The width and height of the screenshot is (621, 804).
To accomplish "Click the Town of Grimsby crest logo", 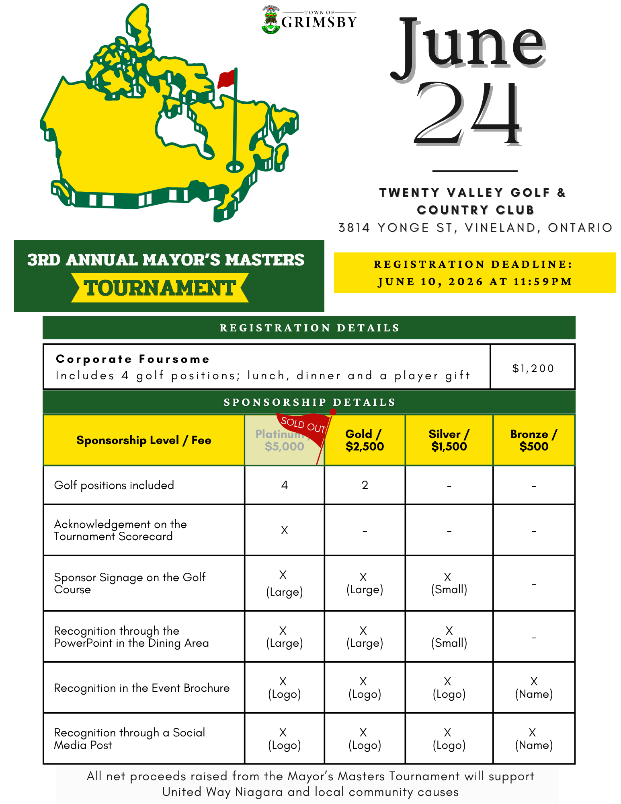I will [271, 20].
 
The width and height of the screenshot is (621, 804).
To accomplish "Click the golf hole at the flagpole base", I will [235, 166].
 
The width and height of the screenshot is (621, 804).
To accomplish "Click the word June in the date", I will [468, 46].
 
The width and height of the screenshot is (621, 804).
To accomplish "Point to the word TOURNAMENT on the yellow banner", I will [160, 288].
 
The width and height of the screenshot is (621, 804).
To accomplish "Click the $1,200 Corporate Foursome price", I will [533, 368].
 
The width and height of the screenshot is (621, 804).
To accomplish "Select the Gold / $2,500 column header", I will [365, 440].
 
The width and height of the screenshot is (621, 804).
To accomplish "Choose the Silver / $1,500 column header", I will [449, 440].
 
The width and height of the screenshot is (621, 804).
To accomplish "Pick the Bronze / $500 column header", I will [534, 440].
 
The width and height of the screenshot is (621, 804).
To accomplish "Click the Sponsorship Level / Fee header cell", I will [143, 440].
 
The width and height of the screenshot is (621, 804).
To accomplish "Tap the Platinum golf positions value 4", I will [285, 485].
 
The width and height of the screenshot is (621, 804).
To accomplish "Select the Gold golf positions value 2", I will [365, 485].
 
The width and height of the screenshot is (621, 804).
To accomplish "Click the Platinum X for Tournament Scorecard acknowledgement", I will [285, 530].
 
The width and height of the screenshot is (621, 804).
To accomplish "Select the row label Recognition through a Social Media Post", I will [129, 738].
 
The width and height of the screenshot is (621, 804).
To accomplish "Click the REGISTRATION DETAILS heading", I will [309, 328].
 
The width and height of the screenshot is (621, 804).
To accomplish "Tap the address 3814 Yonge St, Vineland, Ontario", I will [475, 228].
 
